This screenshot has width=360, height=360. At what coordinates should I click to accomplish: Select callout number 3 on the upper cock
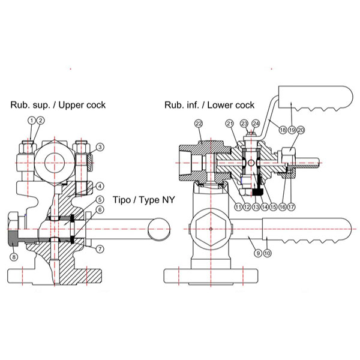click(100, 146)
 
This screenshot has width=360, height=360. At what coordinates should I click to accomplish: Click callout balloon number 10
click(268, 253)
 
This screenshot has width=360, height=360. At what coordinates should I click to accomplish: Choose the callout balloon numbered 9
click(257, 253)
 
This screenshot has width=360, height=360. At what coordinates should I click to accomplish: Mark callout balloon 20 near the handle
click(301, 129)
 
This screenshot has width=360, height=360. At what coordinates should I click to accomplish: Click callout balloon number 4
click(100, 186)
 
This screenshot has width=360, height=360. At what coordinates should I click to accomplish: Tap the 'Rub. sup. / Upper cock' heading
click(58, 105)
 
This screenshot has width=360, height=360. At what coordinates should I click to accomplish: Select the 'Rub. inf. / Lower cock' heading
click(209, 105)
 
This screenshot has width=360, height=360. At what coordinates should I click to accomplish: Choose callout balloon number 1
click(32, 121)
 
